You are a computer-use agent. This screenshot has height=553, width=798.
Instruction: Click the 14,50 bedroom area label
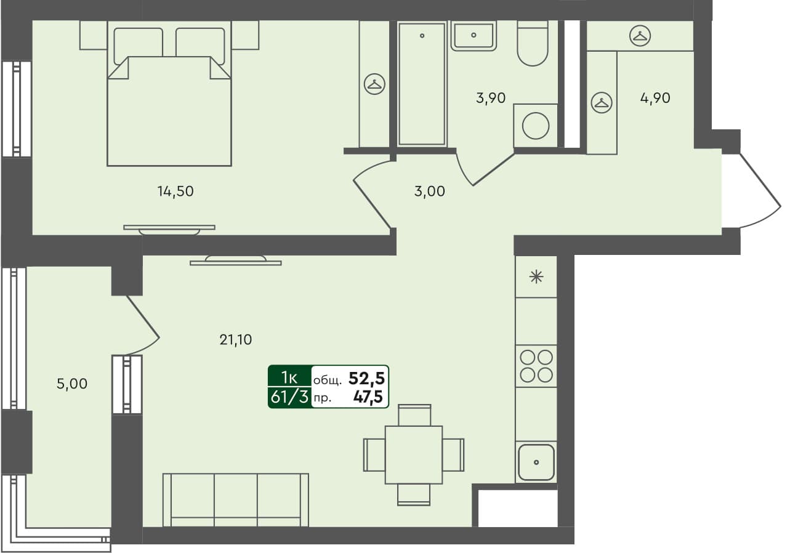coord(175,192)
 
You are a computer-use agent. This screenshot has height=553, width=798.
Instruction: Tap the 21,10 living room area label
coord(236,339)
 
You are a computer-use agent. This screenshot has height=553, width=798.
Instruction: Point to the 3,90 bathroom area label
coord(491,97)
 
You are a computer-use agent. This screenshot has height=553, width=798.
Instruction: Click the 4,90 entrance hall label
coord(655,97)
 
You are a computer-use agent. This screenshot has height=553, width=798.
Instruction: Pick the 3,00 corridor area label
coord(429,192)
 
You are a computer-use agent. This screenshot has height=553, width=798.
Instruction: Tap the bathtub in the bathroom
coord(422,84)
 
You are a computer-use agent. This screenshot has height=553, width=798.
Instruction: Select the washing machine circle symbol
coord(535,126)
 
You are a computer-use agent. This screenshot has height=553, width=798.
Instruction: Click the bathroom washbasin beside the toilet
coord(473,36)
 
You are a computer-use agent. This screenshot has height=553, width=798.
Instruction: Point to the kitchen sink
coord(536,462)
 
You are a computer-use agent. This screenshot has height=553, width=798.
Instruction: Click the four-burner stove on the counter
coord(536,366)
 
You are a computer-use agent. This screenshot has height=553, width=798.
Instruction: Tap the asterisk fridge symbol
coord(536,277)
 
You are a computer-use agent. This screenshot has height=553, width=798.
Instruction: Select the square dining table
coord(413,454)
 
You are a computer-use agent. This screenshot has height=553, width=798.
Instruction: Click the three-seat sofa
coord(235,499)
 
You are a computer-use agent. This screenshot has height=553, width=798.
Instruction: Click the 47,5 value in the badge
coord(368,397)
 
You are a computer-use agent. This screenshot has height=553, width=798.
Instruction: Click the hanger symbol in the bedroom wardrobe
coord(374,84)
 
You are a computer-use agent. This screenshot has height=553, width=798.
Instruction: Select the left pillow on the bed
coord(139,43)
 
